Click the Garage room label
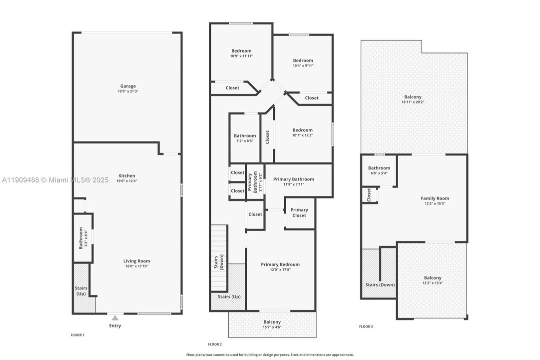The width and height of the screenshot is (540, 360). pos(127,86)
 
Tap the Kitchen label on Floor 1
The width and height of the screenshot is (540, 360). pos(127,175)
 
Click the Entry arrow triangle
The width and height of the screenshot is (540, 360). pos(115,317)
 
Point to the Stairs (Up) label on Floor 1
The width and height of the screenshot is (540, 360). pos(81,291)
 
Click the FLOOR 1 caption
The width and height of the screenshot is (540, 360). pos(77,334)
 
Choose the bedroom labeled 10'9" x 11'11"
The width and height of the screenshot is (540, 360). pos(241,50)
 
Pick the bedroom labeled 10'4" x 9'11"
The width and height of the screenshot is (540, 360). pos(303,60)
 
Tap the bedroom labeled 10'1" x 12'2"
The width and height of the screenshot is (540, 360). pos(303,130)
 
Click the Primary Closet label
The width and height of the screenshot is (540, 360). pos(299,212)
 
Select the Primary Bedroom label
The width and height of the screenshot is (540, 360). pos(280,264)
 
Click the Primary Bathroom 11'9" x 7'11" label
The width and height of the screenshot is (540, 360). pos(294,179)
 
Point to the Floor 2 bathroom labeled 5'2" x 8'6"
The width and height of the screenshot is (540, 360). pos(245,135)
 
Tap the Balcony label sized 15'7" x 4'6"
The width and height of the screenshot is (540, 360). pos(272,322)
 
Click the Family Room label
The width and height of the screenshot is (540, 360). pos(435,198)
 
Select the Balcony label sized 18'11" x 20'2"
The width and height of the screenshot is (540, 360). pos(413,97)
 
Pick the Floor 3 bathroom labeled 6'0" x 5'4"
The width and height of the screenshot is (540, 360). pos(379,168)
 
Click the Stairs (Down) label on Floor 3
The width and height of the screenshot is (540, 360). pos(380,284)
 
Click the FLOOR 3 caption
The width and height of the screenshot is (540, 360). pos(366,326)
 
